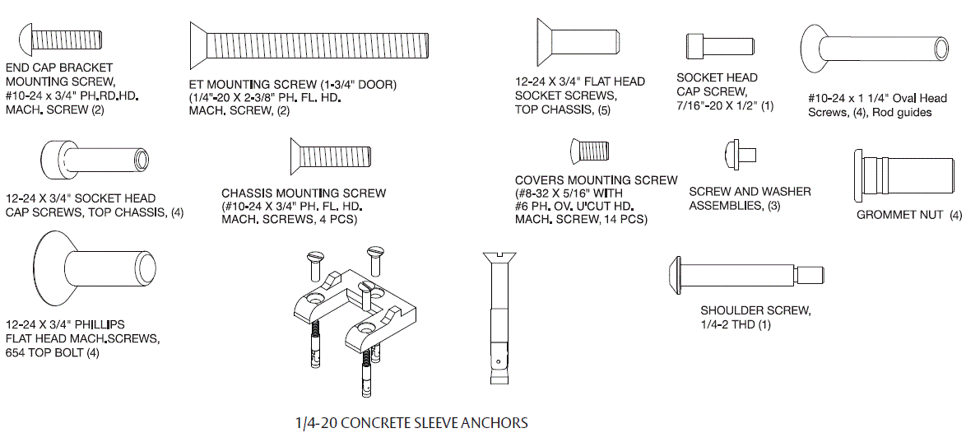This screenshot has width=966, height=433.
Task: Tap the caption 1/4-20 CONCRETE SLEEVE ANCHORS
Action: coord(411,423)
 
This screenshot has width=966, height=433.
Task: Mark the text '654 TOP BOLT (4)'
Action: coord(53,353)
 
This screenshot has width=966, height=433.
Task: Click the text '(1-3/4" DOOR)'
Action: coord(358,84)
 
